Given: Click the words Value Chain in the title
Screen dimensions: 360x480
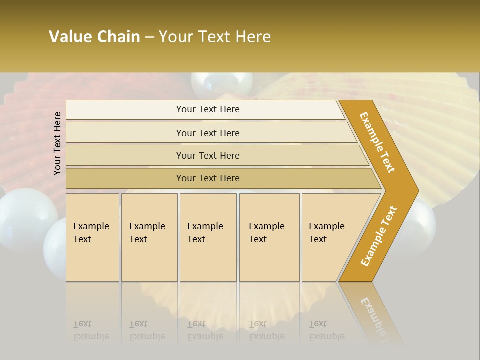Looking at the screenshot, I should [94, 37].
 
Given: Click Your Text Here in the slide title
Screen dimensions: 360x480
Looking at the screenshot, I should [215, 37].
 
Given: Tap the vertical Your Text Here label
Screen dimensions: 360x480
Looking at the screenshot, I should [57, 143].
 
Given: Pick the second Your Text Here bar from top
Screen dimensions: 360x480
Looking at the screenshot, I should [207, 133].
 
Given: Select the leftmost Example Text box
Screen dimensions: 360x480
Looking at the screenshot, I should [92, 237].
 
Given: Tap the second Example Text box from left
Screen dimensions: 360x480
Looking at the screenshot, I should [149, 237].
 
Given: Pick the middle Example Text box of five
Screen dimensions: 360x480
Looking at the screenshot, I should [208, 237].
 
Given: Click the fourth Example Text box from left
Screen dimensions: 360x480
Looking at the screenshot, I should [269, 237].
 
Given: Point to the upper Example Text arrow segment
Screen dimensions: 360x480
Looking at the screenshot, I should [378, 142].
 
